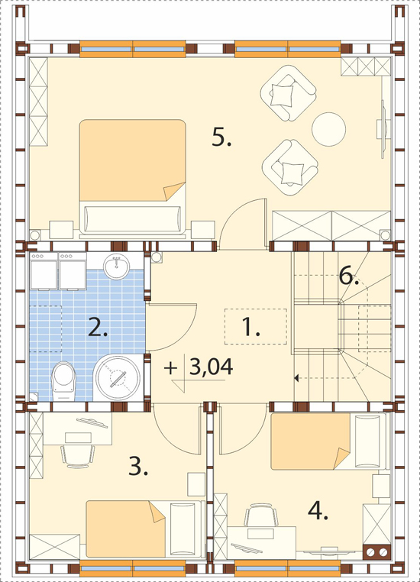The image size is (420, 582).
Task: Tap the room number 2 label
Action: [x=98, y=327]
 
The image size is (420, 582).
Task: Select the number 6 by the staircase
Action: [x=349, y=276]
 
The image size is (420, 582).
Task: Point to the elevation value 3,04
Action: [x=211, y=367]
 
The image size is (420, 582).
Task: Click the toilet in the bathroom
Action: [x=63, y=380]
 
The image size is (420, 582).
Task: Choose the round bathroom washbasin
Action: [x=117, y=266]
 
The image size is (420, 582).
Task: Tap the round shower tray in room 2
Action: [x=118, y=378]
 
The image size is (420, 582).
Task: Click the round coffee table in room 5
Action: [x=328, y=129]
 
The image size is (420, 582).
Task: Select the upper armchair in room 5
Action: [x=289, y=92]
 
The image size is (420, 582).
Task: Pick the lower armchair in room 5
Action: [x=290, y=167]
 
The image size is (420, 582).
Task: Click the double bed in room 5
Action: [x=132, y=177]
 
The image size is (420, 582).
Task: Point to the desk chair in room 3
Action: [x=78, y=455]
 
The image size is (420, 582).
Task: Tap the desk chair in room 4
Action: [x=261, y=515]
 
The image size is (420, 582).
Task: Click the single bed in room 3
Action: [x=145, y=529]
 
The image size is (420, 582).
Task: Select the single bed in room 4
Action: [x=329, y=441]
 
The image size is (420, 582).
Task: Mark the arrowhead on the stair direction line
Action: [x=296, y=378]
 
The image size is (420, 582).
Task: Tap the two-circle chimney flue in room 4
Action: [x=377, y=552]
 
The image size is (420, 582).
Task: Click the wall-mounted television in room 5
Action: [x=383, y=129]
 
